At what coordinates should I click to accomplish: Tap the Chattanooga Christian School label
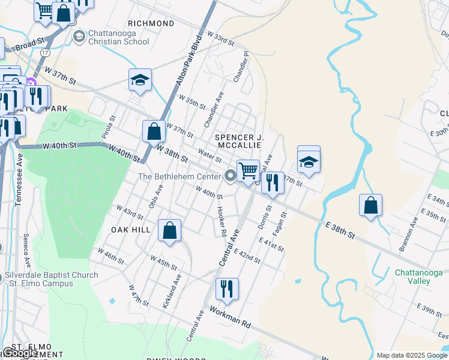[119, 37]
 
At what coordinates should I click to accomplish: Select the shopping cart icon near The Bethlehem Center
[247, 171]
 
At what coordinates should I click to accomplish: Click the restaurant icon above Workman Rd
[227, 289]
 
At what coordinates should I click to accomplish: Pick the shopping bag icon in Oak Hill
[170, 230]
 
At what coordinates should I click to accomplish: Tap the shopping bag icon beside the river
[371, 205]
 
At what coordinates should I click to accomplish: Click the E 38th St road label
[340, 228]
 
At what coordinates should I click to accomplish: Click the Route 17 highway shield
[45, 53]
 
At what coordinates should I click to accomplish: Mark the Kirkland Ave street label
[172, 291]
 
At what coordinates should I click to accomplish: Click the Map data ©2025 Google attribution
[411, 355]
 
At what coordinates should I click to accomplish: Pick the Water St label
[209, 155]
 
